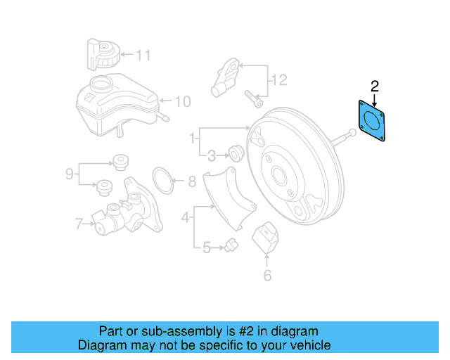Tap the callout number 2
pos(375,86)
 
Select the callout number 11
pos(143,54)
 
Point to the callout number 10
pos(182,102)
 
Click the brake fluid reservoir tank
pos(112,104)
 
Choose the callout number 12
pos(279,81)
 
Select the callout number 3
pos(212,154)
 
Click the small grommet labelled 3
pos(236,151)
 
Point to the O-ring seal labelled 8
pos(163,181)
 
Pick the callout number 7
pos(79,225)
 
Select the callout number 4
pos(186,217)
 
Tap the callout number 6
pos(267,276)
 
